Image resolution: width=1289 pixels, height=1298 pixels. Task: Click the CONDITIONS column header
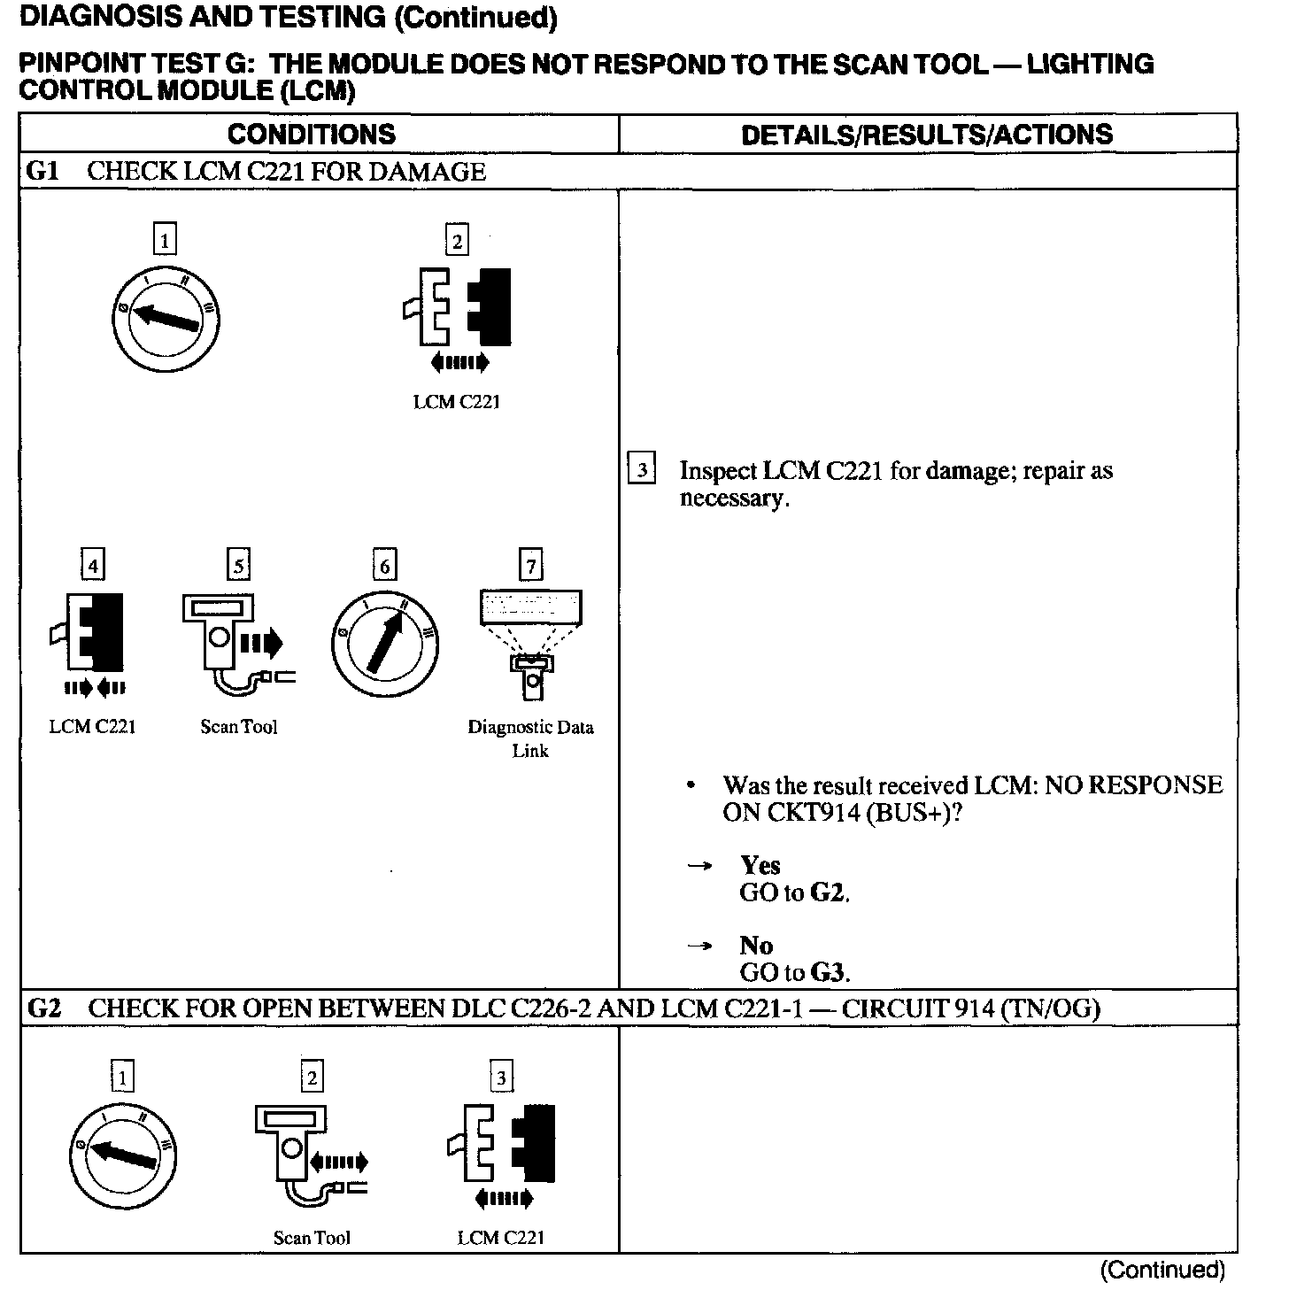311,134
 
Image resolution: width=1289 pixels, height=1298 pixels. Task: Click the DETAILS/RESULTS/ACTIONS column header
927,134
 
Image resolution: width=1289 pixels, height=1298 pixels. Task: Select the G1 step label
42,171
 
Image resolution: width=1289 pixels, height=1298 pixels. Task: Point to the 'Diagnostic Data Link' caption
530,738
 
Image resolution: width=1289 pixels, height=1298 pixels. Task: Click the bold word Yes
760,865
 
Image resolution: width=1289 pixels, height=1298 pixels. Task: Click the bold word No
756,946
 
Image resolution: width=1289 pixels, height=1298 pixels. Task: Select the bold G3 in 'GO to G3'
829,972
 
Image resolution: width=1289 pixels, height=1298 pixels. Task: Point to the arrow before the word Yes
699,866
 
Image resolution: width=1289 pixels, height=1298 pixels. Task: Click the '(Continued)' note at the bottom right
1162,1270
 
